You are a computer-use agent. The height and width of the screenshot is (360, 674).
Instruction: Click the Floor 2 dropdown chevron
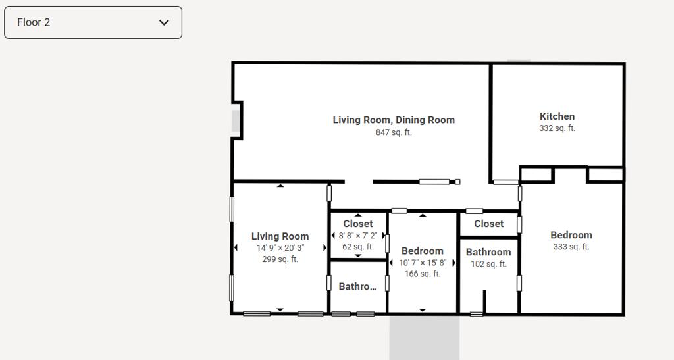click(x=164, y=22)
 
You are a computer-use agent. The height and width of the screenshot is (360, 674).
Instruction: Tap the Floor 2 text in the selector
click(x=34, y=22)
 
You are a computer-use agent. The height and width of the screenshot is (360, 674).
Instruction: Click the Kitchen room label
click(x=557, y=116)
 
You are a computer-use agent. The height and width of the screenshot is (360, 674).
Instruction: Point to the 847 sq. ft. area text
click(x=394, y=132)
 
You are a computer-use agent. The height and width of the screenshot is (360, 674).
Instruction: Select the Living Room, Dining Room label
click(x=394, y=120)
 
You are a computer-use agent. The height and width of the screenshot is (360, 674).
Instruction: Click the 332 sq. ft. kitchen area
click(x=557, y=128)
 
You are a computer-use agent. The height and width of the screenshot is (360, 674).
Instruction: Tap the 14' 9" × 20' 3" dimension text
click(x=280, y=248)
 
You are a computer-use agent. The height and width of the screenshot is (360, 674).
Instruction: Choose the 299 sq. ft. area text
click(x=280, y=259)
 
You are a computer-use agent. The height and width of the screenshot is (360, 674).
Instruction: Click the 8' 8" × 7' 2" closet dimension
click(x=358, y=236)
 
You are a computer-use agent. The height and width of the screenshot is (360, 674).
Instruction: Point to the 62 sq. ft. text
click(x=358, y=247)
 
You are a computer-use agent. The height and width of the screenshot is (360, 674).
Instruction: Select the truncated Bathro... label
click(x=357, y=286)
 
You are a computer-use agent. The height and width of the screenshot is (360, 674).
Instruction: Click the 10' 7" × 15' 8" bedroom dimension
click(x=423, y=263)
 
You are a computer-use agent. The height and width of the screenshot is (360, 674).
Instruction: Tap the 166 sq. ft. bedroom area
click(x=423, y=274)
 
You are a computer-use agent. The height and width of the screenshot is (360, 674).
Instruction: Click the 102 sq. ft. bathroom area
click(x=489, y=264)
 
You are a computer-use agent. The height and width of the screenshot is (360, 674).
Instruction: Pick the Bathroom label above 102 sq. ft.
click(x=489, y=252)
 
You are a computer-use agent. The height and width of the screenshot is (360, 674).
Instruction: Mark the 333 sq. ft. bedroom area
click(x=571, y=247)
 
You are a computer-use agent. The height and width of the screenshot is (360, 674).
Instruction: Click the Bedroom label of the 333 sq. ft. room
click(x=571, y=235)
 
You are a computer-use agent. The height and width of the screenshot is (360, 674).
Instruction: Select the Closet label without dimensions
click(x=489, y=224)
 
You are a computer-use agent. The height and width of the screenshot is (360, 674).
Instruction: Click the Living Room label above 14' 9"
click(x=280, y=236)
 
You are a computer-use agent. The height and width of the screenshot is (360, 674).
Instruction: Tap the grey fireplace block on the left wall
click(x=236, y=120)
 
